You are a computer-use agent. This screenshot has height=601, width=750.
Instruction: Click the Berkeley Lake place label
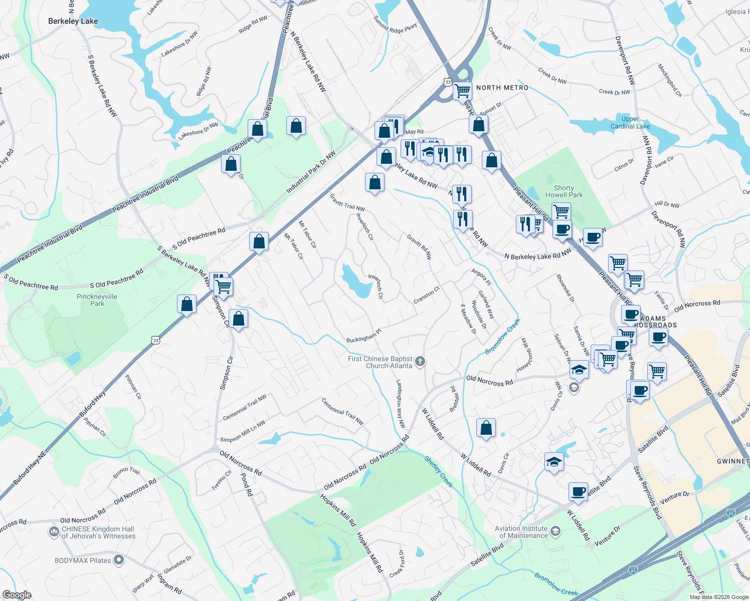point(73,21)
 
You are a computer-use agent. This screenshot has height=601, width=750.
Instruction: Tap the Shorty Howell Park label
point(564,191)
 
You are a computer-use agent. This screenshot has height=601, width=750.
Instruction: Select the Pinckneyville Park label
point(97,300)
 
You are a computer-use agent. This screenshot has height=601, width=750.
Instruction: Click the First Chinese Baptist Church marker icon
point(420,361)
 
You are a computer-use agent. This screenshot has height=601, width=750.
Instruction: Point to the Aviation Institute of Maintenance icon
point(555,531)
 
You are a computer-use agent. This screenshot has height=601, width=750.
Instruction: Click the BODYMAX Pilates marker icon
point(119,560)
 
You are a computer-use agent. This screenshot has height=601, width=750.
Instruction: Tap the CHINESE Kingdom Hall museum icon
point(54,531)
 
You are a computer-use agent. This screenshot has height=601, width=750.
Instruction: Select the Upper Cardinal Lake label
point(630,123)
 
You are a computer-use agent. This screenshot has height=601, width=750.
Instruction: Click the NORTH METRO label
point(502,88)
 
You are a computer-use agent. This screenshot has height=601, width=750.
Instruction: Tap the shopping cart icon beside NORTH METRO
point(462,92)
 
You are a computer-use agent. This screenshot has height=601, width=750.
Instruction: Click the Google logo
point(17,595)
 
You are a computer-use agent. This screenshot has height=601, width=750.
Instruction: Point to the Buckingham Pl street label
point(364,336)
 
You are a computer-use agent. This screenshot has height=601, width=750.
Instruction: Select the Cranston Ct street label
point(427,295)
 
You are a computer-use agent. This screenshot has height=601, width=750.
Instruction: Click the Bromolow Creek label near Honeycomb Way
point(503,336)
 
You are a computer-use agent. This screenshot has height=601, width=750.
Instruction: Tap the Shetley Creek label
point(439,471)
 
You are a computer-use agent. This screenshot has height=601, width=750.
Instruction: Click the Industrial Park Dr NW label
point(311,172)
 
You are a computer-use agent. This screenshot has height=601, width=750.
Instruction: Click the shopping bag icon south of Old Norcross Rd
point(486,428)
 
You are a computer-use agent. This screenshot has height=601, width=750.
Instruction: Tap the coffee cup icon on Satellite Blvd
point(578,492)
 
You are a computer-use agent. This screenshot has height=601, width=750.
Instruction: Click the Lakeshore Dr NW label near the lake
point(199,131)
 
